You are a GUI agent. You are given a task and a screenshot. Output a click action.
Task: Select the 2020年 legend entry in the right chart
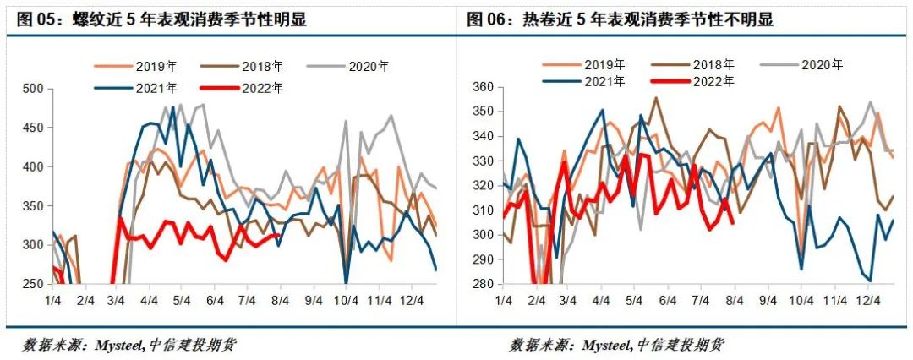pyautogui.click(x=823, y=65)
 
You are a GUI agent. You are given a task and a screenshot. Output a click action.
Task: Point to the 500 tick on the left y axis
pyautogui.click(x=32, y=89)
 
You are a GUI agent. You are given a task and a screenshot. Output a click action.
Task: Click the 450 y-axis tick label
pyautogui.click(x=32, y=128)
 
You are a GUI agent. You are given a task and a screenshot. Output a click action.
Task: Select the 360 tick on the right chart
pyautogui.click(x=483, y=87)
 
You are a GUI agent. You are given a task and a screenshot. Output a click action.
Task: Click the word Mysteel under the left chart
pyautogui.click(x=116, y=345)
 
